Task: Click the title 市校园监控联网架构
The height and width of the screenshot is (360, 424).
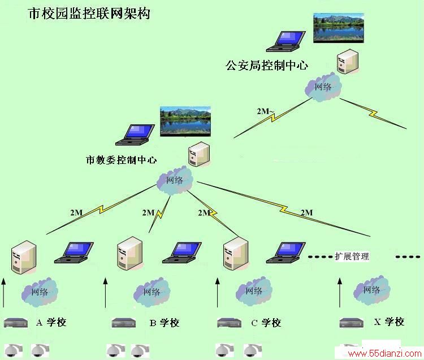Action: click(x=89, y=14)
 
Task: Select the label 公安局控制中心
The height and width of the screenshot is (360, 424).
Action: click(x=267, y=66)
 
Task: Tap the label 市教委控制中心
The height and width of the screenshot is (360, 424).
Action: click(x=121, y=160)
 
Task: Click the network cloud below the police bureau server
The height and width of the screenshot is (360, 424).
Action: click(x=323, y=87)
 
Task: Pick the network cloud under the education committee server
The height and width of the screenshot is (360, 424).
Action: click(x=175, y=180)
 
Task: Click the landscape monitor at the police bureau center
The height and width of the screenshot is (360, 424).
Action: click(x=339, y=28)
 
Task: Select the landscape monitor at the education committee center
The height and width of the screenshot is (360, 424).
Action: click(x=185, y=122)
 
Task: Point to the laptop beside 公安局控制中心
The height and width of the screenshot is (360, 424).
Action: click(x=286, y=41)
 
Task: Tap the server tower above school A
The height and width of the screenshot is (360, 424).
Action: click(x=24, y=257)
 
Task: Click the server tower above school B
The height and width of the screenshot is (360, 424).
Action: click(x=130, y=254)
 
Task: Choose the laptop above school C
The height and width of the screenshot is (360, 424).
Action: click(x=286, y=253)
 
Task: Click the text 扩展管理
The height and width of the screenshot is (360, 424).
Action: click(x=352, y=256)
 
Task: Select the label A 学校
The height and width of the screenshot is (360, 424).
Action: click(x=51, y=322)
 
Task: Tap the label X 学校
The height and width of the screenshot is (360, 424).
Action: click(x=389, y=322)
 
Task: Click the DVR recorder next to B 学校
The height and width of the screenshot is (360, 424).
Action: click(x=124, y=323)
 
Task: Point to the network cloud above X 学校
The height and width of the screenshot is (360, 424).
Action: click(x=371, y=290)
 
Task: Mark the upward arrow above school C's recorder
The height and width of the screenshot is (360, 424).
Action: click(x=218, y=293)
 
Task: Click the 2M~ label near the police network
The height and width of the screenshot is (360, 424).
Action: click(x=265, y=111)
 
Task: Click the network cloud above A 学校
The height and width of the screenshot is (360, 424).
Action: click(x=40, y=292)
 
